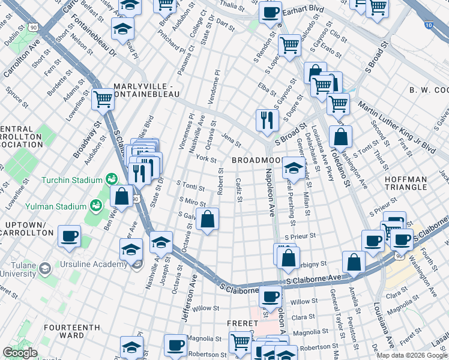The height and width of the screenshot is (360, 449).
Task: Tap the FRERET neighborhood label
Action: click(242, 323)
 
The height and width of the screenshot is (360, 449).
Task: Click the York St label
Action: click(206, 159)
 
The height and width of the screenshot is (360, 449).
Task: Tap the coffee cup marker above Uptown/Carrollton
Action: click(70, 236)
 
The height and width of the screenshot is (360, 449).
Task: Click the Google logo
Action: click(20, 353)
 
